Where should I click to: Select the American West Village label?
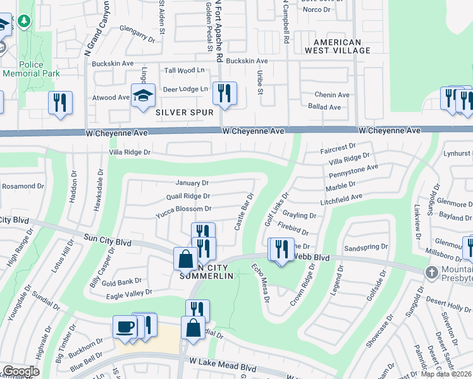click(x=333, y=47)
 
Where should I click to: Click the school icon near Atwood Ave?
click(x=143, y=95)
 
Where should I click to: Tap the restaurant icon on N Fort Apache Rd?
click(x=224, y=93)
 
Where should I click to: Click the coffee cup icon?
click(x=125, y=327)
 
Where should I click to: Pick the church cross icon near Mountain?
click(x=432, y=272)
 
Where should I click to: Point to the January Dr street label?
click(x=188, y=183)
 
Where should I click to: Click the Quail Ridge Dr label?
click(x=188, y=196)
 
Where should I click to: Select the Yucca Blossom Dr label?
click(x=183, y=208)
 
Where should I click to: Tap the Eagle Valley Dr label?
click(x=131, y=292)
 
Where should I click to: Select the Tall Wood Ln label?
click(x=185, y=70)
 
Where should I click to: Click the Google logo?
click(x=20, y=371)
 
